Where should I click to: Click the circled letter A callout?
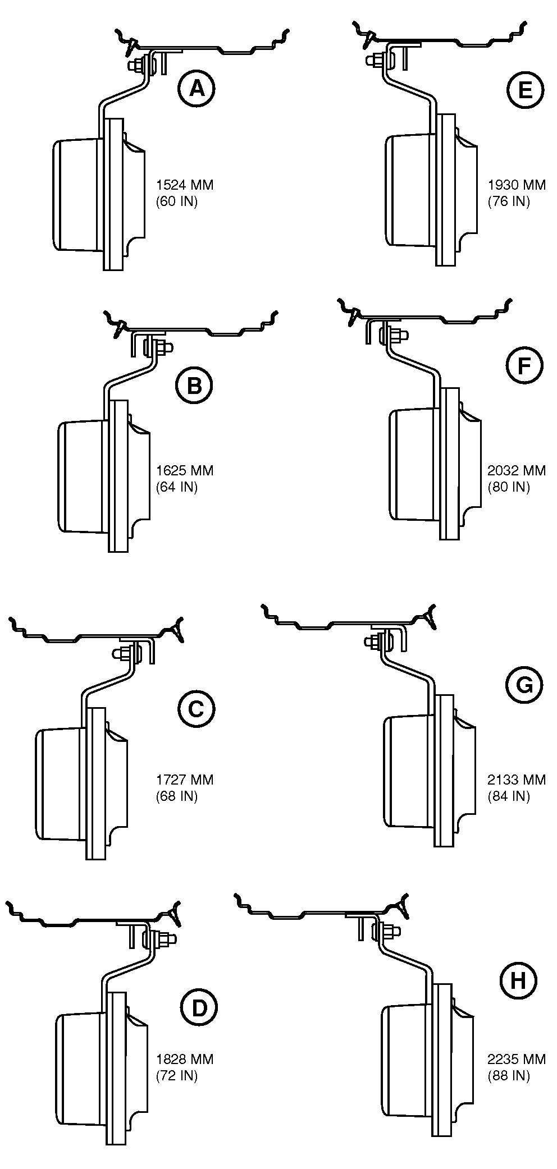tap(197, 88)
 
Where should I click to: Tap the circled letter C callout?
tap(195, 709)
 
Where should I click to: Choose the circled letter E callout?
tap(525, 89)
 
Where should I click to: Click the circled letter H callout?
tap(518, 981)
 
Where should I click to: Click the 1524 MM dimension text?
tap(185, 185)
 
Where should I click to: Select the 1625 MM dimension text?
tap(185, 470)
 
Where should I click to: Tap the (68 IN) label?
tap(177, 796)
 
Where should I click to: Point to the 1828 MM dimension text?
tap(185, 1060)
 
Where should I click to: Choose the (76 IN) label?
tap(509, 201)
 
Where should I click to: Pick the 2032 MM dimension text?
tap(517, 470)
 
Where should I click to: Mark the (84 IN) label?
tap(509, 796)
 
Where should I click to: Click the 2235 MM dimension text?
tap(517, 1060)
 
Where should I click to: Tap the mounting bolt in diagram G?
tap(372, 640)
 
